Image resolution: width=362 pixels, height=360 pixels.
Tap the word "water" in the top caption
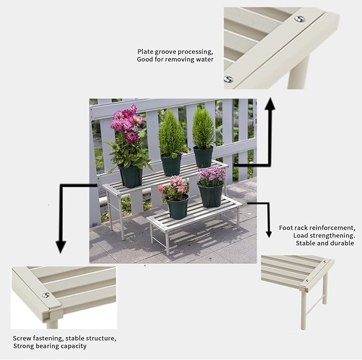[x=203, y=60]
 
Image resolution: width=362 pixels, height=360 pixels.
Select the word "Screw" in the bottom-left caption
[x=23, y=338]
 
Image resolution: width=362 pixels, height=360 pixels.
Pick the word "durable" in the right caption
[x=341, y=243]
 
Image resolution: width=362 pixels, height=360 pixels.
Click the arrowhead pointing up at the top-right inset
[x=270, y=105]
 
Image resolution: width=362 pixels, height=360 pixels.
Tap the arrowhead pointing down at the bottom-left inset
[x=61, y=246]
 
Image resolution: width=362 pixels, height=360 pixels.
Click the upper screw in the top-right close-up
[x=300, y=19]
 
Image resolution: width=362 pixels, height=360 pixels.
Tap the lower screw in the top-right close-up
[x=228, y=79]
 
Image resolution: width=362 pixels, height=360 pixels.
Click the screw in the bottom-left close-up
[x=46, y=295]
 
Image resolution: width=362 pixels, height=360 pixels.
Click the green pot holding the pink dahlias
[x=131, y=176]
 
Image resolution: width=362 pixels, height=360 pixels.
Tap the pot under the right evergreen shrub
[x=203, y=156]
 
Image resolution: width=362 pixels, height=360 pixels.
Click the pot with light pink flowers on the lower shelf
[x=178, y=207]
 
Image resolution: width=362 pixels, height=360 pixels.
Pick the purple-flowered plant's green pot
[x=211, y=195]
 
